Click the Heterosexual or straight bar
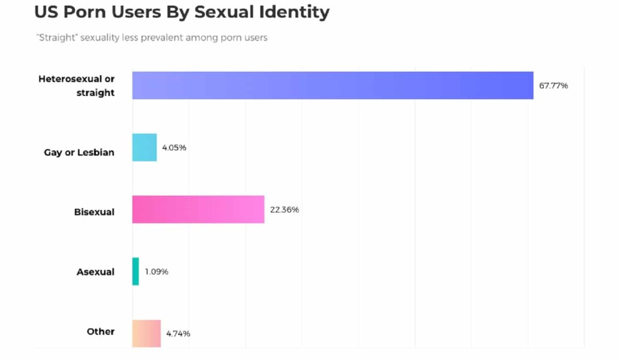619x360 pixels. click(333, 85)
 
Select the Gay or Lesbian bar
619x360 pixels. click(145, 147)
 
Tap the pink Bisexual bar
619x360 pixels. click(198, 210)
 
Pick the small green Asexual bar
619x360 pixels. click(136, 272)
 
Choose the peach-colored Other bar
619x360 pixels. click(147, 333)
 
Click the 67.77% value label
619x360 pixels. click(553, 85)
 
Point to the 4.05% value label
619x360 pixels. click(174, 148)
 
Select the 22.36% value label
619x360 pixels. click(284, 210)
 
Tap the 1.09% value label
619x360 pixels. click(157, 272)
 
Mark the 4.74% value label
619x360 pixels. click(178, 333)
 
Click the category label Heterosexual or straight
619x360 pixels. click(76, 86)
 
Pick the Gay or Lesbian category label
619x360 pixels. click(79, 152)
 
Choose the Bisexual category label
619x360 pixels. click(94, 212)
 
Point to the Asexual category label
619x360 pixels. click(95, 272)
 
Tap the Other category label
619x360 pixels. click(100, 332)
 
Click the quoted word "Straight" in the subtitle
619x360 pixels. click(54, 38)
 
